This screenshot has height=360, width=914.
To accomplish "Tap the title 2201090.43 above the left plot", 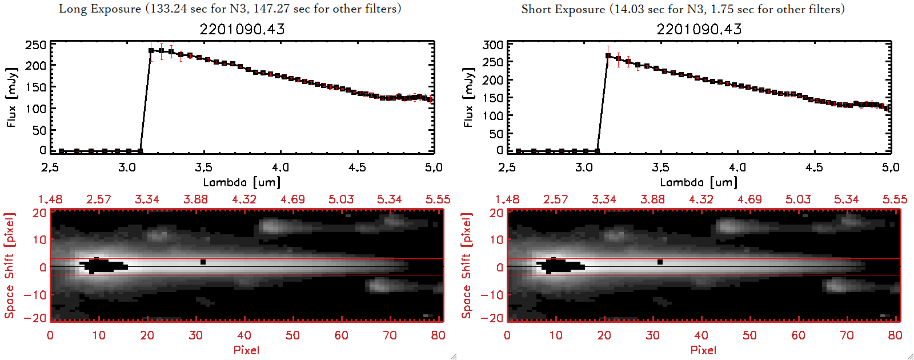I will point(242,29).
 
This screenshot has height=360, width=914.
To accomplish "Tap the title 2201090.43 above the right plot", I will point(699,29).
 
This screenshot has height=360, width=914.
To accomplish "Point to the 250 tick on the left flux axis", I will point(35,45).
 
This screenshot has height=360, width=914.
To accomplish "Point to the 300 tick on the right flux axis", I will point(492,45).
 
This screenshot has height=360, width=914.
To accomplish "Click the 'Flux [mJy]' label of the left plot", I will point(12,97).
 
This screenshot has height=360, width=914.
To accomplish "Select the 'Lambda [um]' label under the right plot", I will point(699,182).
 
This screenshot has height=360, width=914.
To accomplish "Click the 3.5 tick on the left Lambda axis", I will point(203,167).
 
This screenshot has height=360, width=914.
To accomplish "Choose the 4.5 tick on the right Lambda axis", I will point(814,167).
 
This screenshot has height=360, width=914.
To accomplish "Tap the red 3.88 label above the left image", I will point(195,199).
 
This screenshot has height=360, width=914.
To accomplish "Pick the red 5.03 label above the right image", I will point(798,199).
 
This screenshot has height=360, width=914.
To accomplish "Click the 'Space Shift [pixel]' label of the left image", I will point(9,266).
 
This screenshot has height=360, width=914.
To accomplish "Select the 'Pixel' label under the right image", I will point(703,350).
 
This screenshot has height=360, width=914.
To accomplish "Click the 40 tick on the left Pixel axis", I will point(244,335).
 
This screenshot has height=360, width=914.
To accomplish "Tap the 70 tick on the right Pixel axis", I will point(847,335).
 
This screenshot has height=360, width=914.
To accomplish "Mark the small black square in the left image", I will point(203,262).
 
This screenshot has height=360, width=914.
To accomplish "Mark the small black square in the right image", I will point(660,262).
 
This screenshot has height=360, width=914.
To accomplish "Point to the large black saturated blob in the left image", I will point(103,266).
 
